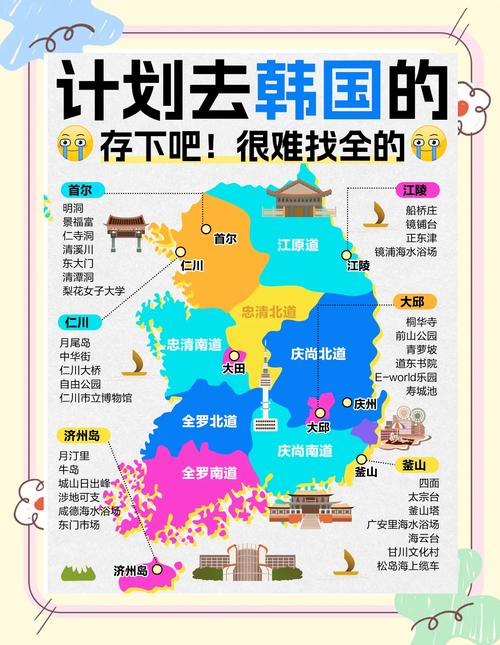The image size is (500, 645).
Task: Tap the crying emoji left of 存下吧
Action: tap(74, 147)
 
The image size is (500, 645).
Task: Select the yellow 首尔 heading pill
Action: tap(81, 190)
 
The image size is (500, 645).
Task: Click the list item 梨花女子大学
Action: tap(94, 291)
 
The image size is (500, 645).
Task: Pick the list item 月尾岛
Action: tap(75, 342)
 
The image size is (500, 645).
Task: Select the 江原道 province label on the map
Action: tap(298, 245)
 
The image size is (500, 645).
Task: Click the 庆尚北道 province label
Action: tap(318, 354)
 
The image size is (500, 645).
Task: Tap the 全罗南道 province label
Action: tap(209, 472)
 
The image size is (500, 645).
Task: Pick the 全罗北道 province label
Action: tap(210, 421)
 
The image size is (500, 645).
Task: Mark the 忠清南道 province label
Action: tap(193, 344)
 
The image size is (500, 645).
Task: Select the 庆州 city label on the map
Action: tap(365, 403)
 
